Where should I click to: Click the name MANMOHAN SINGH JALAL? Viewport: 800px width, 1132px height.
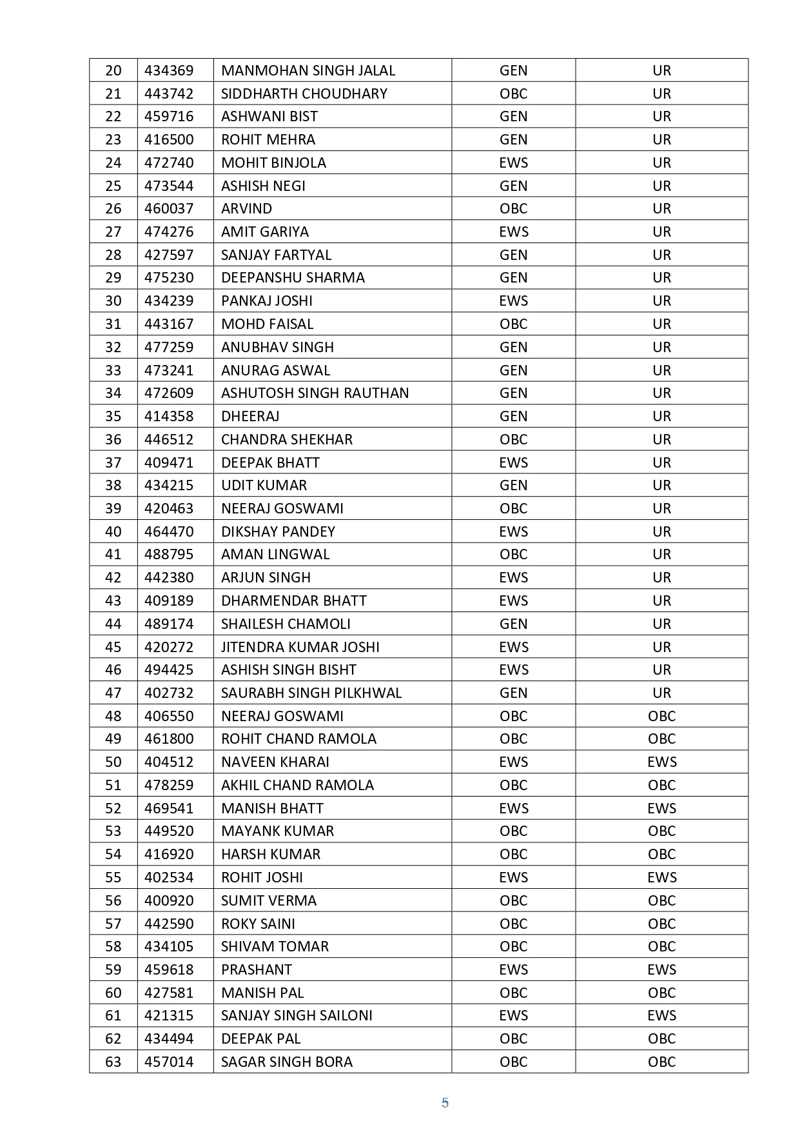point(308,70)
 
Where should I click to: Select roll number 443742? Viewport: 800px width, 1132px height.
point(169,94)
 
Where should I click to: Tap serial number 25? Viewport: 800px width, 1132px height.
point(113,186)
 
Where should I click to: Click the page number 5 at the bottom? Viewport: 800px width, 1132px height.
point(445,1103)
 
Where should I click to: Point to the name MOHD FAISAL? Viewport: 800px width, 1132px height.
point(267,324)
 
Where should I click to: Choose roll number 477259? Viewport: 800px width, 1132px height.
point(169,347)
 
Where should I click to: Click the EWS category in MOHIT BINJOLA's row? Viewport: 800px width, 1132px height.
point(513,163)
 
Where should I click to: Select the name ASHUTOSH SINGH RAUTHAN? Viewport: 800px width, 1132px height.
point(315,393)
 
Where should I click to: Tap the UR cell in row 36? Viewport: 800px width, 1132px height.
point(661,439)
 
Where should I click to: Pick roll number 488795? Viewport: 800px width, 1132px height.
point(169,554)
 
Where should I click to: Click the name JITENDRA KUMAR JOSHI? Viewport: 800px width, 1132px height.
point(300,647)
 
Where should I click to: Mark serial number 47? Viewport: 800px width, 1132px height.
point(113,693)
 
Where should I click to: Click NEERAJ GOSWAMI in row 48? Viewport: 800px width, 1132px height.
point(282,716)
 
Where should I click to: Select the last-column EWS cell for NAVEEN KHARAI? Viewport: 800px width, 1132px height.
point(661,762)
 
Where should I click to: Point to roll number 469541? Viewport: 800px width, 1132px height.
point(169,808)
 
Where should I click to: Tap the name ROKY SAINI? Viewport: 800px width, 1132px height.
point(258,924)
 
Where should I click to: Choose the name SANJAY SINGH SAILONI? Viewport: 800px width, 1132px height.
point(297,1015)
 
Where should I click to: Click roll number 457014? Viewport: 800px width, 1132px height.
point(169,1062)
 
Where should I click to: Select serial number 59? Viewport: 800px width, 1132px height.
point(113,969)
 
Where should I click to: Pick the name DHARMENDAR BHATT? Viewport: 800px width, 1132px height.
point(293,601)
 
